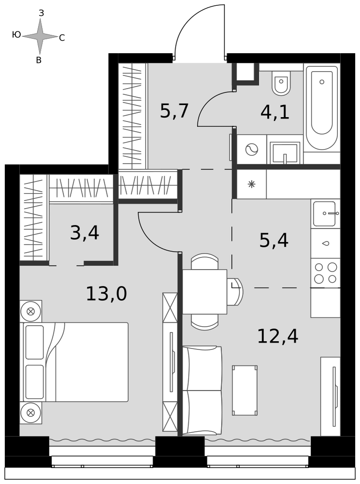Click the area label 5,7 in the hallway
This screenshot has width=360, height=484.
(x=174, y=111)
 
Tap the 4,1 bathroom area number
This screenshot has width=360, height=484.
(x=275, y=112)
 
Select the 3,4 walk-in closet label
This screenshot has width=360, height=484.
(x=85, y=233)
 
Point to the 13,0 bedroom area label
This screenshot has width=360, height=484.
(x=106, y=294)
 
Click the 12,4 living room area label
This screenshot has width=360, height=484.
(x=277, y=336)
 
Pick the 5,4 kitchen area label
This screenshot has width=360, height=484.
(x=273, y=241)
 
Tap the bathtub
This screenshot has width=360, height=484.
(x=322, y=108)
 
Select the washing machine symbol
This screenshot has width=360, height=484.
(x=252, y=150)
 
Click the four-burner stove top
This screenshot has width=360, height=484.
(x=326, y=273)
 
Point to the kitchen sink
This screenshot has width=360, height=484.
(x=326, y=213)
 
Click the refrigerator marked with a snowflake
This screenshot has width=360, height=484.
(x=252, y=184)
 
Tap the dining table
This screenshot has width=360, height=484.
(x=205, y=292)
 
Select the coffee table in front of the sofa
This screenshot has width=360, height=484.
(x=245, y=390)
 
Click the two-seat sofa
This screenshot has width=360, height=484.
(x=202, y=391)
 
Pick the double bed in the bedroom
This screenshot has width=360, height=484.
(x=74, y=362)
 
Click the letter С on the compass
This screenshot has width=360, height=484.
(x=62, y=38)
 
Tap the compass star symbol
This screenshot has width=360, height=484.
(x=40, y=36)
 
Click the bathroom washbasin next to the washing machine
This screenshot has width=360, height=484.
(x=285, y=153)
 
